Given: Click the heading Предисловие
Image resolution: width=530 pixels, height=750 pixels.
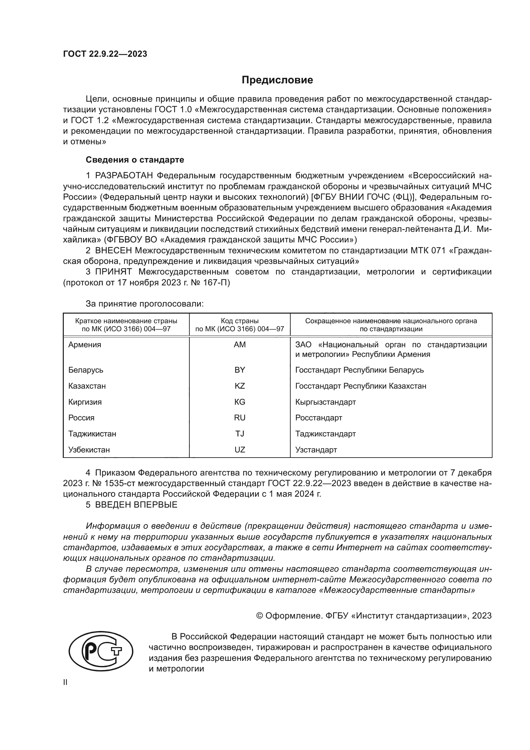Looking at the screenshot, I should coord(277,80).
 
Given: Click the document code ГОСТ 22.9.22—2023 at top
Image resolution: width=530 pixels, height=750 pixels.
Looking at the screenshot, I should coord(105,54).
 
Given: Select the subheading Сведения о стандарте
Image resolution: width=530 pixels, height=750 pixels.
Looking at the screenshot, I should coord(135,160).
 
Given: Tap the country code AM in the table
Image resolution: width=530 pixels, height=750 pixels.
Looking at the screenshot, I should coord(240,345).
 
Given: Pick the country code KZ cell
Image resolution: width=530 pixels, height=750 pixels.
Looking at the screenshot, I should coord(240,386).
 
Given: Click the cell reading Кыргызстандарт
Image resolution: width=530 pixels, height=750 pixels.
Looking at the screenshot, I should coord(325,402).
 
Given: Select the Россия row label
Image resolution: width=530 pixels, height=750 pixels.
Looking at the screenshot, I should coord(81,418).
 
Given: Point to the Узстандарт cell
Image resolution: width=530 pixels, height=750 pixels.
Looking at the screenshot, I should coord(316,450).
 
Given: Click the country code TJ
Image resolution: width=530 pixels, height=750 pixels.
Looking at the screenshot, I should coord(240,434).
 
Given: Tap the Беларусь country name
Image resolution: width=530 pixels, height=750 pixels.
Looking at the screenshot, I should coord(86,370).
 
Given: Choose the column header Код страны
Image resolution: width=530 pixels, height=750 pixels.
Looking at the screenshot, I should coord(240,321).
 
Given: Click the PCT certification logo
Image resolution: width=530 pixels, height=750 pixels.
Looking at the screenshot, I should coord(101,652).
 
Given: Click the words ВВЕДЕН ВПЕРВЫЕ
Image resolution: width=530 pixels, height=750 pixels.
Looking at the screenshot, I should coord(136,505).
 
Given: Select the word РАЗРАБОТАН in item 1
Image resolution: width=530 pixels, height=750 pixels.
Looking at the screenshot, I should coord(124,176).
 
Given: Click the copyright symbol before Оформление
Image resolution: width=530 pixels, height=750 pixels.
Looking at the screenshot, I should coord(260,616).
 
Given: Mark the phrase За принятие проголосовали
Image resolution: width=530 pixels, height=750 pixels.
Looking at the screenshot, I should coord(145,304).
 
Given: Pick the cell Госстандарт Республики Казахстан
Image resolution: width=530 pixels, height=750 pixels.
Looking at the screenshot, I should coord(360,386).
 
